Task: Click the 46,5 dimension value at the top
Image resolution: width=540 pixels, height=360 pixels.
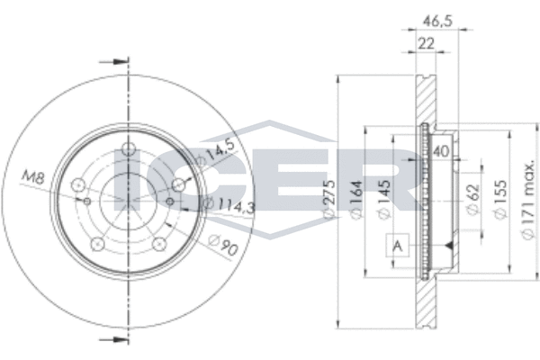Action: (x=437, y=22)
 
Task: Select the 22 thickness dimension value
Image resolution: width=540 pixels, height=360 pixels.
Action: (x=427, y=44)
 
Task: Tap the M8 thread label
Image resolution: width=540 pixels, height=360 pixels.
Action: (x=34, y=177)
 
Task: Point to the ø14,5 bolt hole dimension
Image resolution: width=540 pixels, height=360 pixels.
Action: (x=216, y=152)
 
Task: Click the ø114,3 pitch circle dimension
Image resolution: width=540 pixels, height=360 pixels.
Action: (x=229, y=205)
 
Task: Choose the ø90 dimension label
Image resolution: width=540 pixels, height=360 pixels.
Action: (x=223, y=245)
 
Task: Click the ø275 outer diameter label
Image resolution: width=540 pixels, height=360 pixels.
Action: (x=329, y=198)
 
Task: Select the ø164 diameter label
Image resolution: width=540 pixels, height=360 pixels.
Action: (x=356, y=198)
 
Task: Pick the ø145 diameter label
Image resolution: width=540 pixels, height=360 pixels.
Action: (x=383, y=198)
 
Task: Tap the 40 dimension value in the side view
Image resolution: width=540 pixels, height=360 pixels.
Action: (x=441, y=151)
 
